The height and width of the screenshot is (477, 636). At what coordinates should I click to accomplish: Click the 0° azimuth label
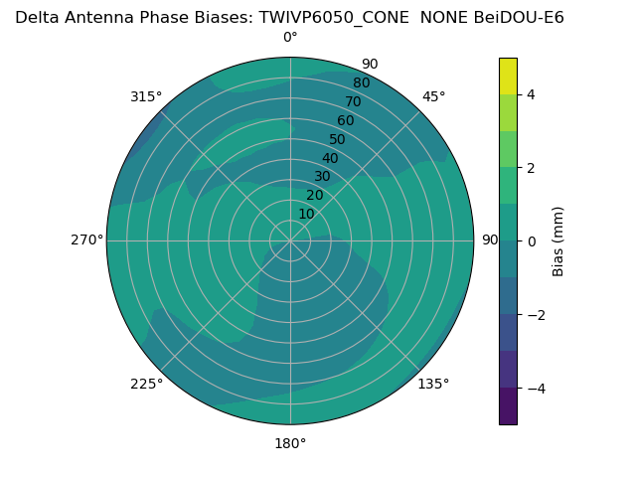click(290, 38)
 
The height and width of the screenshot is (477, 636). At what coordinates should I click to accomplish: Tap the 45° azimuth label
click(434, 96)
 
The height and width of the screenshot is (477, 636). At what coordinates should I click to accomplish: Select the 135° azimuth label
click(433, 384)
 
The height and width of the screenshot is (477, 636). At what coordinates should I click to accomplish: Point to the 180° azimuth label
click(290, 443)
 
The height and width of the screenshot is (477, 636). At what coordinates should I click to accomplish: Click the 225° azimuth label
click(146, 384)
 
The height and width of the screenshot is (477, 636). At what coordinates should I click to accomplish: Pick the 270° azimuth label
click(86, 240)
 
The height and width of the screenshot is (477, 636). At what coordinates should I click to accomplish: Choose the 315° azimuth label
click(146, 96)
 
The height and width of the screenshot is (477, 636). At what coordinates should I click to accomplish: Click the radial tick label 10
click(306, 214)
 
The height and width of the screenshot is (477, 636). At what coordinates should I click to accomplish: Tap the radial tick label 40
click(330, 158)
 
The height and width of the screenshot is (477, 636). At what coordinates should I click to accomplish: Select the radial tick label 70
click(353, 101)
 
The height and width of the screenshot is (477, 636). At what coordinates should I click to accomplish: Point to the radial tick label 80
click(361, 82)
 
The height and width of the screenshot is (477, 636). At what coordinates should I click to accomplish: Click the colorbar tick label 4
click(531, 94)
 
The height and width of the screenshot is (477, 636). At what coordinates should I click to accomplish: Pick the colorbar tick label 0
click(531, 241)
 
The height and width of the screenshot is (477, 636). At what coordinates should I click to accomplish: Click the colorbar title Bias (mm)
click(558, 240)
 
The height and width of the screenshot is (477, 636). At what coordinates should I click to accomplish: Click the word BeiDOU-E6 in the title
click(523, 17)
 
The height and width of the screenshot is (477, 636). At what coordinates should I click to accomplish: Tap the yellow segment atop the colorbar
click(508, 76)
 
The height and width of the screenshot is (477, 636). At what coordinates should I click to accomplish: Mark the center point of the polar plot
click(290, 240)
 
